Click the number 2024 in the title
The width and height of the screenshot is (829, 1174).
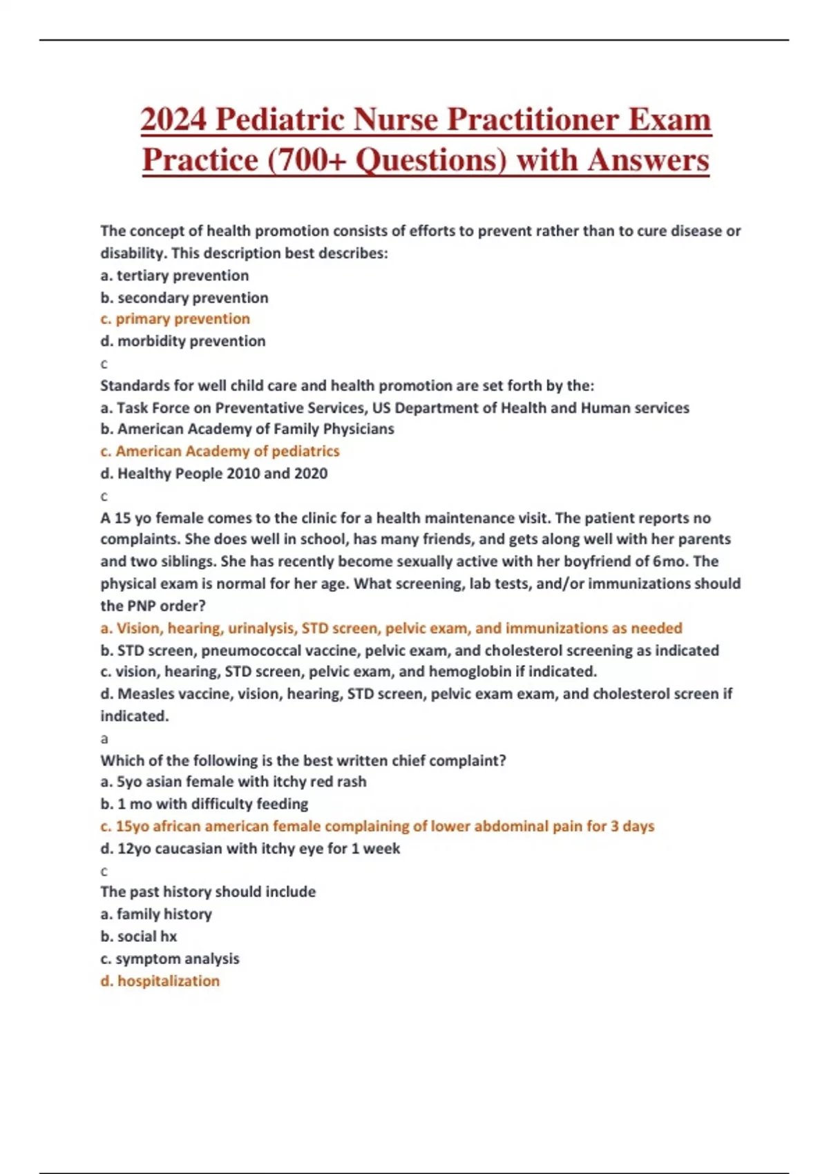173,119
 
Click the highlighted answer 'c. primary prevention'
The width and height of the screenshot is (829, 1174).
175,319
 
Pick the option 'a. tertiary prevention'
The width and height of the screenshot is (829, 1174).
175,276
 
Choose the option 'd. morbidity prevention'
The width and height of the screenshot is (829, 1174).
183,341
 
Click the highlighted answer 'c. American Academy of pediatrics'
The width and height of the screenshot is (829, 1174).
220,452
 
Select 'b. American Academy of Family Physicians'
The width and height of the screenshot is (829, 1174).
247,429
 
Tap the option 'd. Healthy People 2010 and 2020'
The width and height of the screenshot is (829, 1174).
214,474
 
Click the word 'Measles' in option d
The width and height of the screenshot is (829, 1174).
140,694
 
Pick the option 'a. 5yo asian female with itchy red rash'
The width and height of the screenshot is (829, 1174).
234,782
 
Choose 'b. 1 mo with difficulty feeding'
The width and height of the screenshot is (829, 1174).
204,804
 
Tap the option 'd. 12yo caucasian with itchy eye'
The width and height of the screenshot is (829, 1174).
250,849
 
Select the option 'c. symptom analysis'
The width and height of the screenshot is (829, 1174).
170,959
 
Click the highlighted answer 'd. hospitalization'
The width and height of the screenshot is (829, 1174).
160,981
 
